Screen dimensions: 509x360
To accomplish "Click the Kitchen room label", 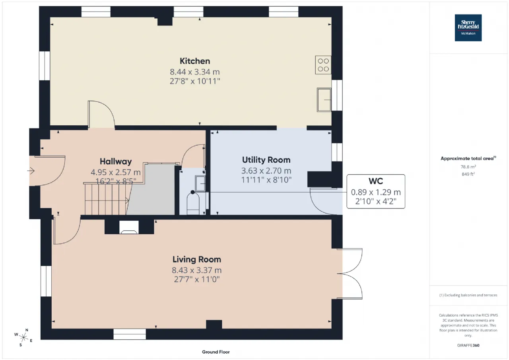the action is (x=195, y=61).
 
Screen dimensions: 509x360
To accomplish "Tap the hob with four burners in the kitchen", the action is (x=323, y=65).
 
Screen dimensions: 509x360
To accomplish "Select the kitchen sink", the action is (x=324, y=100).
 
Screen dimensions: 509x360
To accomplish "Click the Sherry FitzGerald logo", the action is (x=468, y=28).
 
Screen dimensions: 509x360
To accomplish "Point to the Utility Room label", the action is (x=266, y=160).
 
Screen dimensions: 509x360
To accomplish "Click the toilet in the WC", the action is (x=193, y=203).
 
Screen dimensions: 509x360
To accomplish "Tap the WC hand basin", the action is (x=200, y=183).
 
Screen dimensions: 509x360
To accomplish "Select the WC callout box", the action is (x=376, y=191).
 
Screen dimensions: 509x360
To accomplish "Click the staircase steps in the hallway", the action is (x=106, y=199).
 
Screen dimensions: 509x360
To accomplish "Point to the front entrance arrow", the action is (x=31, y=171).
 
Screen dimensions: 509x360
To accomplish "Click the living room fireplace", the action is (x=129, y=227).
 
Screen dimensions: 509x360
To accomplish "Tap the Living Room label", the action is (x=196, y=259).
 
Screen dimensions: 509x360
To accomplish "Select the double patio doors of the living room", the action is (x=350, y=274).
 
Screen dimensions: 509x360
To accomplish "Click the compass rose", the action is (x=23, y=337).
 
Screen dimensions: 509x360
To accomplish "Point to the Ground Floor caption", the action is (x=216, y=352).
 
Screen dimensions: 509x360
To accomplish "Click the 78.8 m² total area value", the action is (x=468, y=167).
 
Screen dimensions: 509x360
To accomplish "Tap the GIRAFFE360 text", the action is (x=468, y=345).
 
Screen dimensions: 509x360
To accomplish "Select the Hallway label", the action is (x=116, y=162).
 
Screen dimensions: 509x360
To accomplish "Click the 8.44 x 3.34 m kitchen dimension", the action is (x=195, y=72).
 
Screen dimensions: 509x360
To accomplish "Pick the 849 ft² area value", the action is (x=468, y=174).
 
